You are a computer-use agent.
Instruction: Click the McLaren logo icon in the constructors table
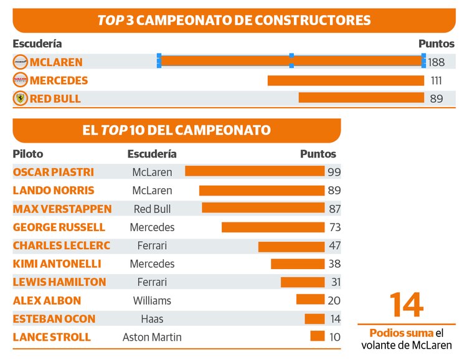[x=21, y=62]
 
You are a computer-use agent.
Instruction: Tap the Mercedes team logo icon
[x=21, y=80]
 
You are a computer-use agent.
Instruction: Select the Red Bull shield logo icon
[x=21, y=98]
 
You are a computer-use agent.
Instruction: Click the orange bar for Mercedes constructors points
[x=346, y=80]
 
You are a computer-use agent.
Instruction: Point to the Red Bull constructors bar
[x=361, y=98]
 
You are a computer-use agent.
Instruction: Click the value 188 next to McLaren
[x=436, y=62]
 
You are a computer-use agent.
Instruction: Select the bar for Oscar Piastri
[x=254, y=171]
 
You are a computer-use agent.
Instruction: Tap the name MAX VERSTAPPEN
[x=62, y=209]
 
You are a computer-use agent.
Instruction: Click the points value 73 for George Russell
[x=334, y=227]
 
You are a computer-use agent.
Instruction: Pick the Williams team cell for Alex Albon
[x=152, y=300]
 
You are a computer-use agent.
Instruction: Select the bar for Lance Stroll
[x=318, y=336]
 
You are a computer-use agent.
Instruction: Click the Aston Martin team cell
[x=152, y=337]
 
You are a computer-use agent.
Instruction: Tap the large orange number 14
[x=406, y=305]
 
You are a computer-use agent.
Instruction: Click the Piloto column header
[x=28, y=154]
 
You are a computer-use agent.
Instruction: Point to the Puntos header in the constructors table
[x=436, y=44]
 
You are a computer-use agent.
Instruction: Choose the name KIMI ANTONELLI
[x=57, y=263]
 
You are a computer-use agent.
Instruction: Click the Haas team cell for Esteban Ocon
[x=152, y=319]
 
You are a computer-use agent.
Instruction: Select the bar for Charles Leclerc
[x=291, y=246]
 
